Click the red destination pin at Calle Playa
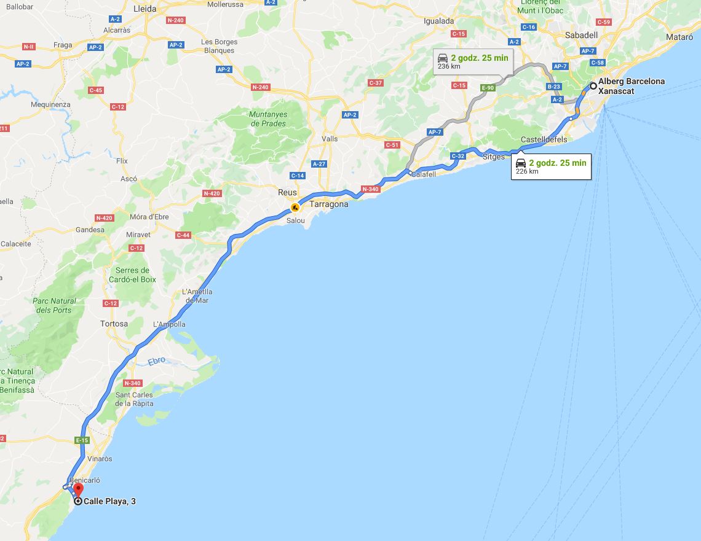77,491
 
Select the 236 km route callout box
472,61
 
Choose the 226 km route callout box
551,166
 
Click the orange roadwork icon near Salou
295,208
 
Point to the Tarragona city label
329,204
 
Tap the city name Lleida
145,9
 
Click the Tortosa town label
114,324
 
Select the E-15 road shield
82,440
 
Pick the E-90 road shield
488,88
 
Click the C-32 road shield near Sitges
458,156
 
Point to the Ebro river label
157,361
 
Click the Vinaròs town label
99,459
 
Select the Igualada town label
439,20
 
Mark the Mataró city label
679,37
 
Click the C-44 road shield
183,235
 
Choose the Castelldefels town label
544,140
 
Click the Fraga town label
63,45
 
